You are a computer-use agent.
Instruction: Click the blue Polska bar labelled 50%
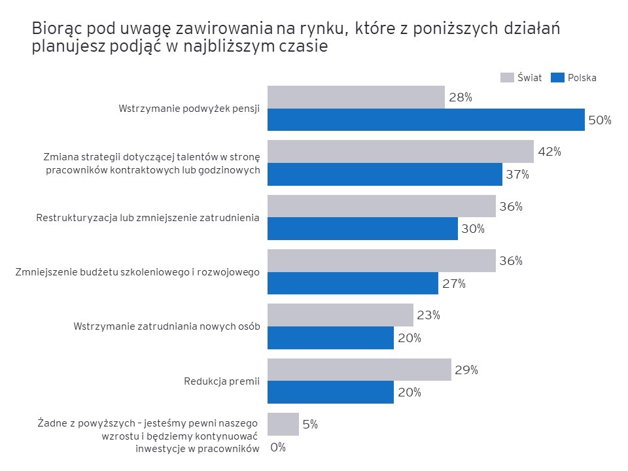[426, 120]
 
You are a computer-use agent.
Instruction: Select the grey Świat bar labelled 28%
[356, 97]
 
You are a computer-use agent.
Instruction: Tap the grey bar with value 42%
[400, 151]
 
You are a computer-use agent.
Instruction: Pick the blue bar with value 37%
[385, 175]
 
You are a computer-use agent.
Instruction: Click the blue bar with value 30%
[362, 229]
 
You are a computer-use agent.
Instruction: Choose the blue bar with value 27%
[353, 283]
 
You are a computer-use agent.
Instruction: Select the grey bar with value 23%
[340, 315]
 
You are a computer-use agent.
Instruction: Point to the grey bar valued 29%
[359, 370]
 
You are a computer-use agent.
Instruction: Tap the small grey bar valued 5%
[283, 424]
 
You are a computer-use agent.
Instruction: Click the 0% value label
[278, 447]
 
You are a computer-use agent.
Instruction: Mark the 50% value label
[599, 120]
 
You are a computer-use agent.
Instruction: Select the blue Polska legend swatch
[557, 77]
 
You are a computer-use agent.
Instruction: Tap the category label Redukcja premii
[222, 381]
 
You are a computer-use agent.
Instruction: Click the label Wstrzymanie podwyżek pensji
[189, 109]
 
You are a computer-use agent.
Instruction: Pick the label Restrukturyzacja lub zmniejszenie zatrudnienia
[147, 217]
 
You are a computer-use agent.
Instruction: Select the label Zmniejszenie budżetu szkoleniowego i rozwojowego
[137, 272]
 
